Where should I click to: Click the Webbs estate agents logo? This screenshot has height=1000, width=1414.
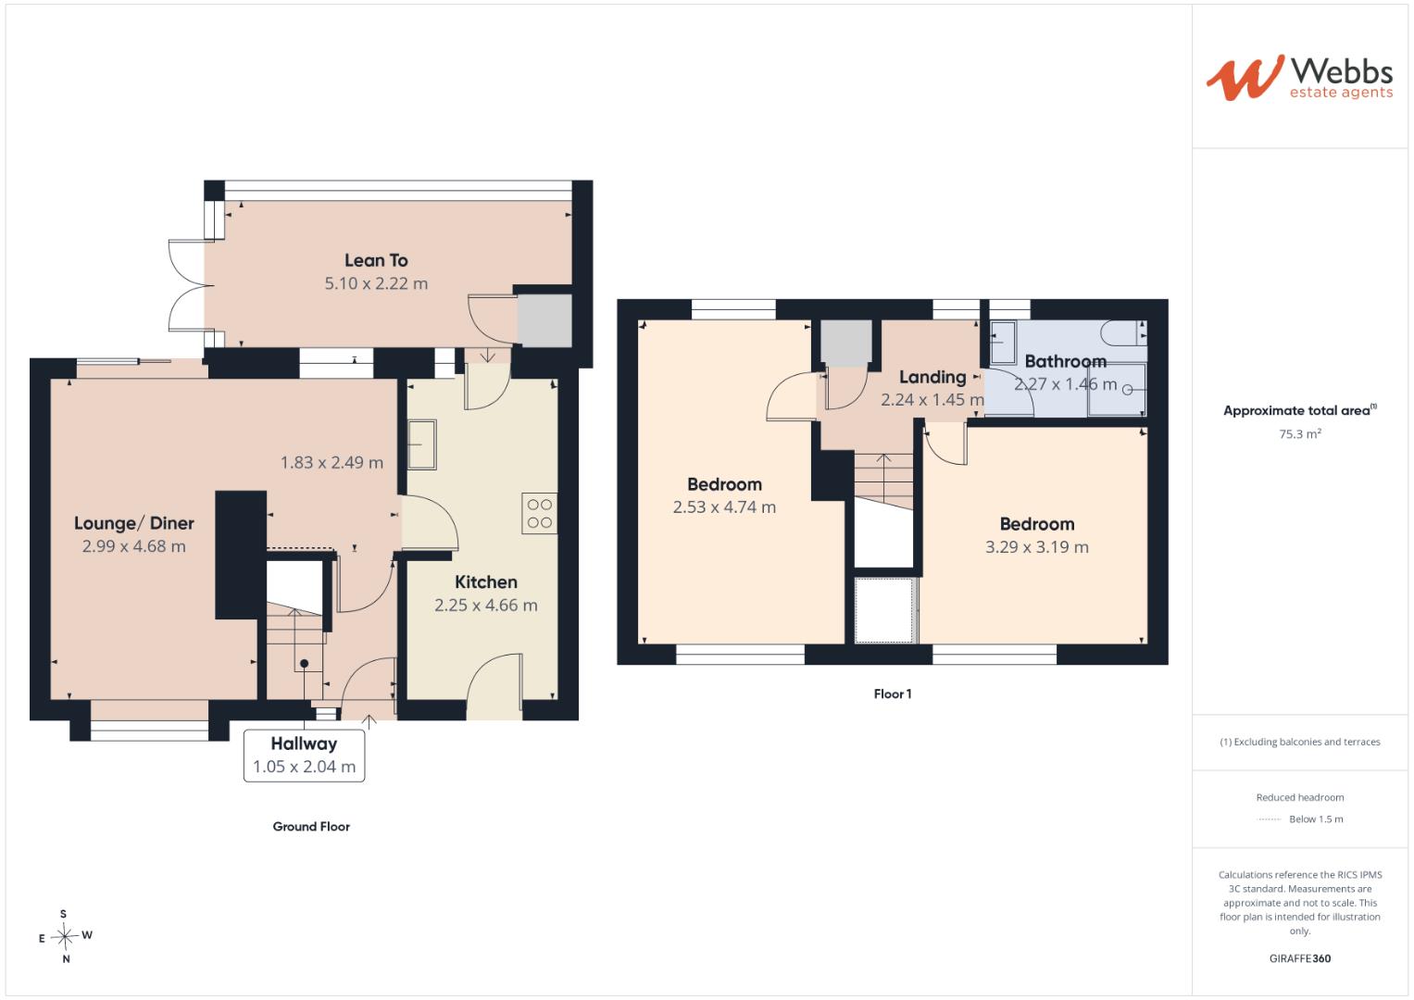pos(1299,78)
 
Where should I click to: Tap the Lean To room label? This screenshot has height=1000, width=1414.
pos(376,260)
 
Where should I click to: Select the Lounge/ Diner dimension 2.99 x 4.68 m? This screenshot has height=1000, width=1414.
pos(134,546)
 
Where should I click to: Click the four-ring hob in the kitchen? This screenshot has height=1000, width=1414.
pos(540,513)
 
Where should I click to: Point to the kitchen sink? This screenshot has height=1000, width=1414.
pos(421,444)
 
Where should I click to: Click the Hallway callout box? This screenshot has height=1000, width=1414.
pos(305,756)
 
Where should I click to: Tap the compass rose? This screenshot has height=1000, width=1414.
pos(65,936)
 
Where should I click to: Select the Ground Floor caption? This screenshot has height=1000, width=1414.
pos(311,826)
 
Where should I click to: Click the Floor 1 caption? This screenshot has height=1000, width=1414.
pos(893,694)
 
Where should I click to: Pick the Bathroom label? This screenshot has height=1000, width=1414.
pos(1066,361)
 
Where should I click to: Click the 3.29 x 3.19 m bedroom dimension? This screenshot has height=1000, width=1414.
pos(1037,546)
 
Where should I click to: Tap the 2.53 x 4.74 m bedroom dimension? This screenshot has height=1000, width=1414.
pos(725,507)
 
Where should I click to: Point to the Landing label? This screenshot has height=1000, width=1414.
pos(933,377)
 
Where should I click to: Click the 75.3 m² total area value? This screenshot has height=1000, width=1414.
pos(1300,433)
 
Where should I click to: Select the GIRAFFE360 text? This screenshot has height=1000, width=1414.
pos(1300,958)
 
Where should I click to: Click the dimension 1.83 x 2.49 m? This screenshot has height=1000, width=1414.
pos(332,463)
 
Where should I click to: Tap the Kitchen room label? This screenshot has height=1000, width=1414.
pos(486,582)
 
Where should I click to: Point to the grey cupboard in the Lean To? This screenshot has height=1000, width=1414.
pos(544,320)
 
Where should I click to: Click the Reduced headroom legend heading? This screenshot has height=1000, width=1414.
pos(1300,797)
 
